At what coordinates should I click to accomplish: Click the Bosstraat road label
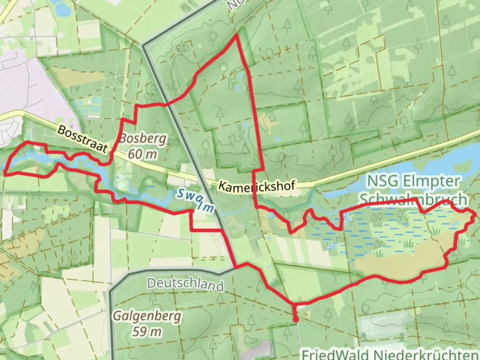point(82,139)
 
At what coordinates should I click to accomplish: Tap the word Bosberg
point(142,138)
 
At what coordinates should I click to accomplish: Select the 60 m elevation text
point(142,154)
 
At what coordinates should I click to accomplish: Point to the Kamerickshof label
point(257,185)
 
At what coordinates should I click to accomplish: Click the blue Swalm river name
point(195,200)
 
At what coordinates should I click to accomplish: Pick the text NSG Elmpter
point(413,181)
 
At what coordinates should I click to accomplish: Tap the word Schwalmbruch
point(413,199)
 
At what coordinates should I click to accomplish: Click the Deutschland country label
point(185,284)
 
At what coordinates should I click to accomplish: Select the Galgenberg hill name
point(147,315)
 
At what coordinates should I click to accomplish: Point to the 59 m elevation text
point(147,331)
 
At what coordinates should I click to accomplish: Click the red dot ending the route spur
point(295,320)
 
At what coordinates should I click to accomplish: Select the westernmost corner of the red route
point(5,173)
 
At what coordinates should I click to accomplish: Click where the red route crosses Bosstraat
point(111,153)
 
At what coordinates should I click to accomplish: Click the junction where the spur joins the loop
point(294,304)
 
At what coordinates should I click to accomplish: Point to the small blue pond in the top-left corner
point(62,10)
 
